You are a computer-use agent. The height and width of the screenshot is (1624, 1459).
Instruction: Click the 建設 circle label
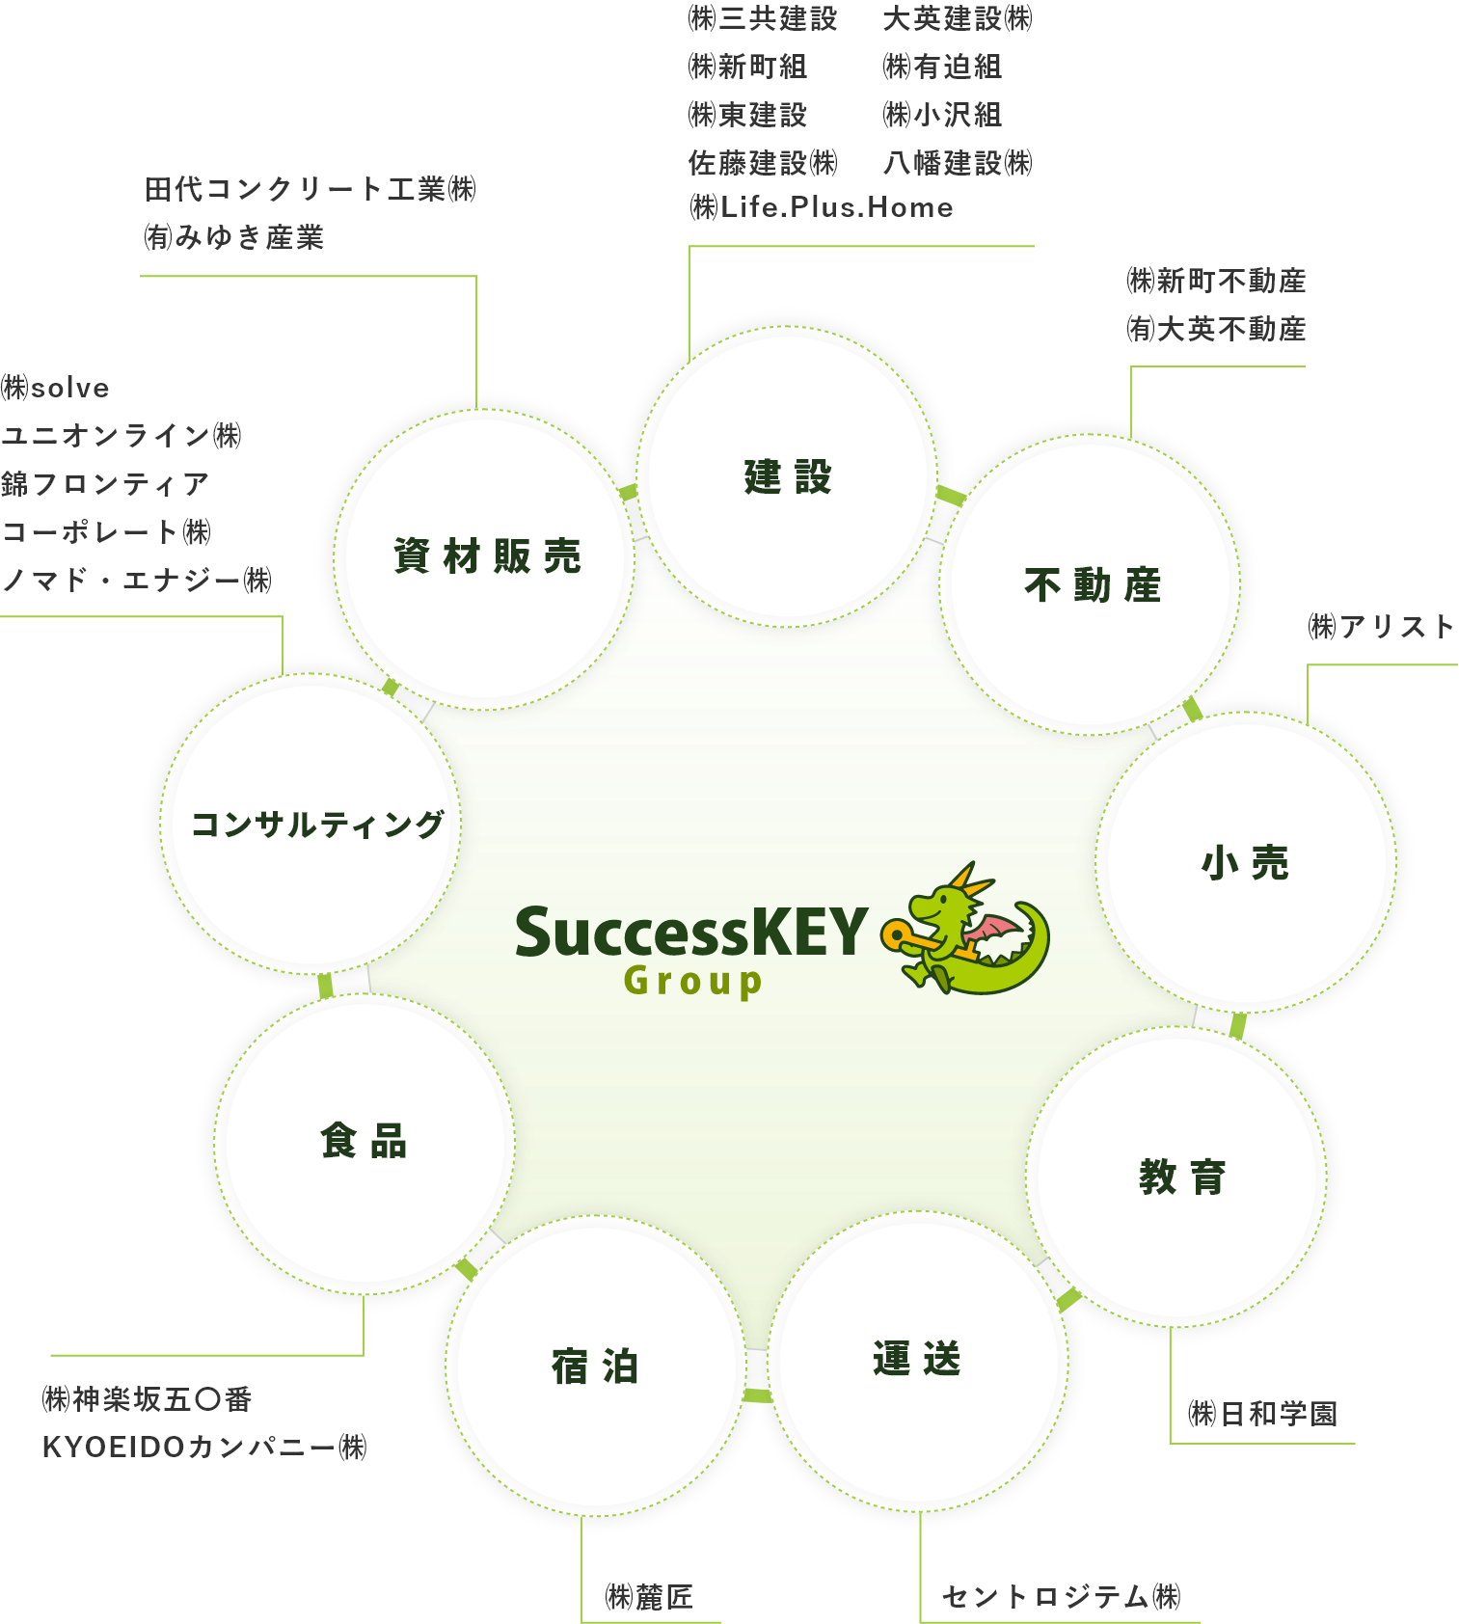point(787,476)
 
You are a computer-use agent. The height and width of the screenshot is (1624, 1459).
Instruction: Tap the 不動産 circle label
point(1093,584)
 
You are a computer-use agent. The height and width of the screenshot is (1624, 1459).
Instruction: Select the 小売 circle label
point(1245,862)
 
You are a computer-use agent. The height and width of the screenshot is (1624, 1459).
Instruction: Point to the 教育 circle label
point(1181,1177)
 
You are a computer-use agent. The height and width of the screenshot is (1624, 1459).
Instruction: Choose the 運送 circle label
point(917,1359)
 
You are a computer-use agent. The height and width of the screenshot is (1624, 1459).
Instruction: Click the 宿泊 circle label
point(595,1367)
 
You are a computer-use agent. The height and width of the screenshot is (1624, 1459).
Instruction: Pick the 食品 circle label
point(364,1140)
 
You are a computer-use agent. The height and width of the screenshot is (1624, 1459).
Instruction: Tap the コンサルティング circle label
point(317,825)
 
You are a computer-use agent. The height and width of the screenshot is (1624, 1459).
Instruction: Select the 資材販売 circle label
point(487,556)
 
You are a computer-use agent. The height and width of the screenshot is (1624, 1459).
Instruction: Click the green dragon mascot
point(965,929)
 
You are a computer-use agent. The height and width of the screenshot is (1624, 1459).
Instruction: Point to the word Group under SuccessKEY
point(692,982)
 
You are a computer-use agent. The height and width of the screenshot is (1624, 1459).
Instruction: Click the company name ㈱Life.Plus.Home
point(821,207)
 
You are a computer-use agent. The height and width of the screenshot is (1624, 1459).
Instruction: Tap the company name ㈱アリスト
point(1381,627)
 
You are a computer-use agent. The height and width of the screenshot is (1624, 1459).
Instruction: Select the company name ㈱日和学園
point(1263,1414)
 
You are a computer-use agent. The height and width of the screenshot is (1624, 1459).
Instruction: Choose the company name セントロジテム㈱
point(1061,1596)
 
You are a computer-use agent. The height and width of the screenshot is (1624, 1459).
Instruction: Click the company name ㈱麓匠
point(649,1597)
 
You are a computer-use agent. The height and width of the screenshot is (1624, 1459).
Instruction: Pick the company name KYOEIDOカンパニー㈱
point(204,1447)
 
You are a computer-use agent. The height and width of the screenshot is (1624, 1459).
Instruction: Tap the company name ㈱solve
point(55,388)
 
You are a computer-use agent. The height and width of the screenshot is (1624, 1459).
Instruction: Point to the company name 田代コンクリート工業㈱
point(311,189)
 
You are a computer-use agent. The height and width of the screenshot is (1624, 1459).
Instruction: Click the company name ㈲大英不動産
point(1216,329)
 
